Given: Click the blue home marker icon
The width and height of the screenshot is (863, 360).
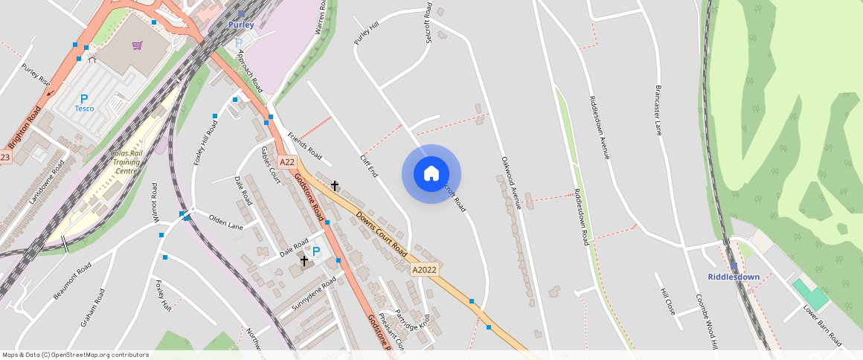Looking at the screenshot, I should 431,174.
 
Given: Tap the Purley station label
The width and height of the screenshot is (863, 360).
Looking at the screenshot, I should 241,25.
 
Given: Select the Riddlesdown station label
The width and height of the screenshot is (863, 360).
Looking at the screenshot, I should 734,277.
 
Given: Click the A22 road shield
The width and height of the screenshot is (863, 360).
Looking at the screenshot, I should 287,161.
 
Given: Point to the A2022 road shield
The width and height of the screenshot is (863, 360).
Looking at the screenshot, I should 423,270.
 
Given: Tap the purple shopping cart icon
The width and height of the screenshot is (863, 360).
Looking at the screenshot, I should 137,45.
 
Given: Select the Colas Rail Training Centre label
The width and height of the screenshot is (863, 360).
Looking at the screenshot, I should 124,161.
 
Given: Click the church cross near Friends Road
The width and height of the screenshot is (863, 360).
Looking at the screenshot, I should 335,184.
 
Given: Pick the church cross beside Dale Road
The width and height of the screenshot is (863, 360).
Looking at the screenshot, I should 304,260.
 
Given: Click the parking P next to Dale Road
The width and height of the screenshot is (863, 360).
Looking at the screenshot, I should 316,252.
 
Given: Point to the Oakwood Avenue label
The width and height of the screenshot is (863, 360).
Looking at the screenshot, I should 510,182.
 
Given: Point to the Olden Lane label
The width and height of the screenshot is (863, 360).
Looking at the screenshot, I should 226,222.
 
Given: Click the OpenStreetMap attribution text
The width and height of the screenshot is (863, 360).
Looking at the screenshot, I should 76,355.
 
